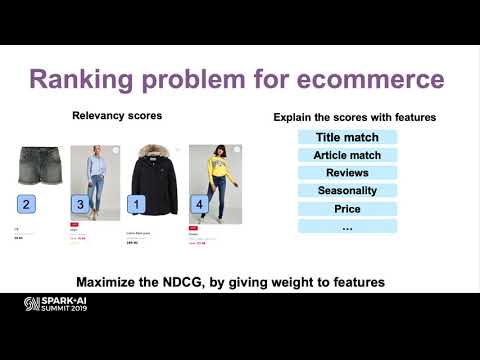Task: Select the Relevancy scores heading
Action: (117, 116)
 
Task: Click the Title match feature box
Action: (347, 137)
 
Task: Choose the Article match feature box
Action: (347, 155)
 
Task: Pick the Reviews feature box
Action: (347, 173)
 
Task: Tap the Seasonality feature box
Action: (347, 190)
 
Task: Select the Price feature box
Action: (347, 208)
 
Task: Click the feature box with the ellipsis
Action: (347, 226)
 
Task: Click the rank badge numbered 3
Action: (81, 204)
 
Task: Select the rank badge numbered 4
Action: (199, 204)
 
